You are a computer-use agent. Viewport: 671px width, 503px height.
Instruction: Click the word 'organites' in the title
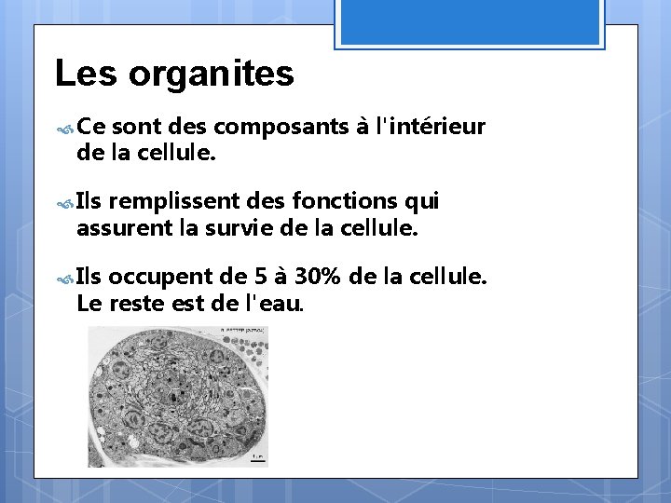[x=212, y=74]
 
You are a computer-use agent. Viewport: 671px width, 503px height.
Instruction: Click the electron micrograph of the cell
[x=178, y=396]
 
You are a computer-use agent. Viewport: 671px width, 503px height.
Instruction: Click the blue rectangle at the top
[x=470, y=20]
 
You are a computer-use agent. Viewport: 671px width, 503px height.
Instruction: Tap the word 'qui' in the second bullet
[x=420, y=201]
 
